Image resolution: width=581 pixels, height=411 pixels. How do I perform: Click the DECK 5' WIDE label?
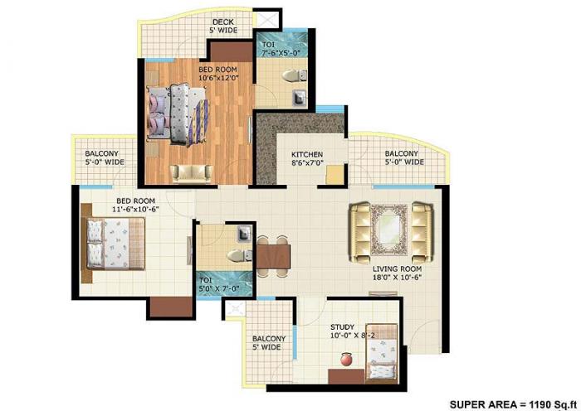[224, 27]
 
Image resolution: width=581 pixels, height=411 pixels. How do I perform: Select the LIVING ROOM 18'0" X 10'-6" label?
[396, 274]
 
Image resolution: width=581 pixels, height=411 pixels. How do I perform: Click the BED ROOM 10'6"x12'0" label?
[217, 74]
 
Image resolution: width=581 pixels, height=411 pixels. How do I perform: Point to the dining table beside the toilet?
[273, 255]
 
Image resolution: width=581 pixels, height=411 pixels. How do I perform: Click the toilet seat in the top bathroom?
[290, 76]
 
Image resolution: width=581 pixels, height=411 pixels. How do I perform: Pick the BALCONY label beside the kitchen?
[403, 158]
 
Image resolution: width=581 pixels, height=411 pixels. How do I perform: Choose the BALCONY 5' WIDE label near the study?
[269, 343]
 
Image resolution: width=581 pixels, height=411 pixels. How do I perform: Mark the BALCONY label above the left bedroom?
[104, 157]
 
